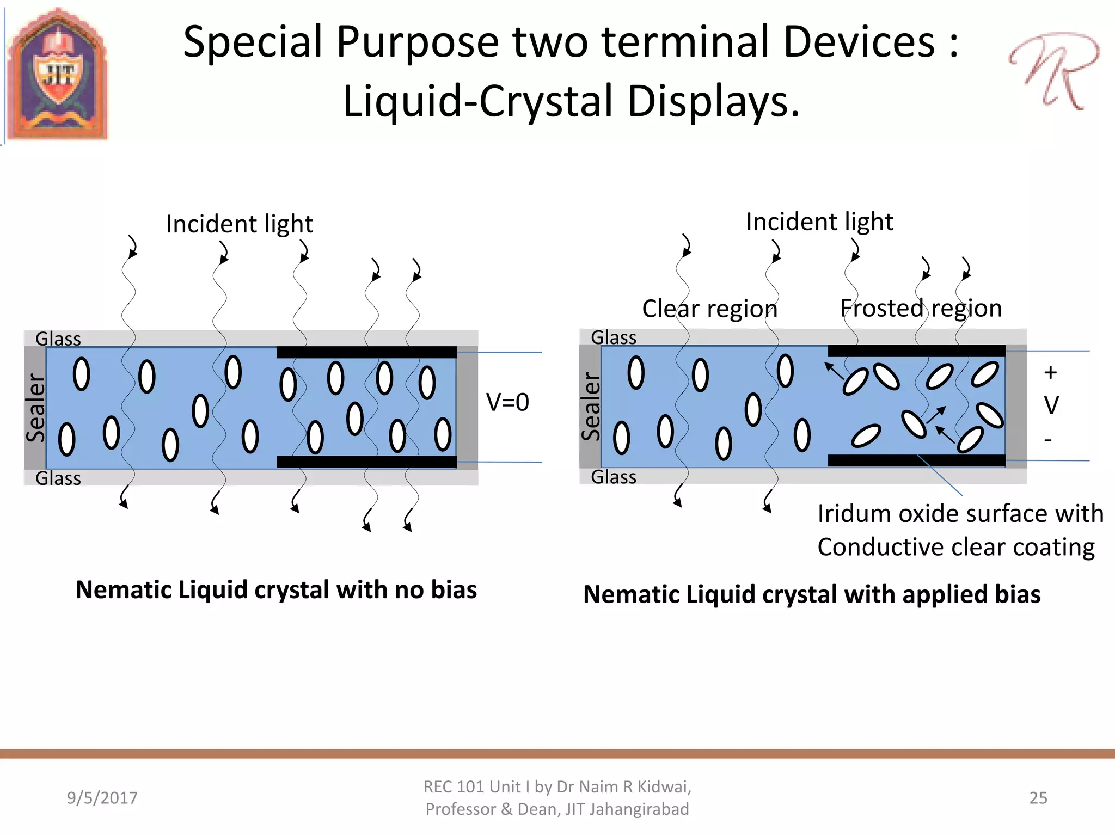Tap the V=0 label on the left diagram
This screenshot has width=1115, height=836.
point(507,403)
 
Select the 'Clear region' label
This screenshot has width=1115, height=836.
point(709,309)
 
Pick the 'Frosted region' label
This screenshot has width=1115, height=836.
point(921,309)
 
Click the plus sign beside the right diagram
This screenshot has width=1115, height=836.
point(1050,373)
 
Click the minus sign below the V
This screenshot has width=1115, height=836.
point(1048,440)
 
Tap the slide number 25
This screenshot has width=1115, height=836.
point(1038,798)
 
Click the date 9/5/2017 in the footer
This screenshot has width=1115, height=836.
point(102,798)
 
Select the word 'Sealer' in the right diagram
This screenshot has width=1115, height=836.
point(591,406)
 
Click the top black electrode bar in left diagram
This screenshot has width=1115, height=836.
point(366,353)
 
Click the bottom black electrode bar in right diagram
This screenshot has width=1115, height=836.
point(916,460)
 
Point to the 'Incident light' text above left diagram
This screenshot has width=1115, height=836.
point(240,224)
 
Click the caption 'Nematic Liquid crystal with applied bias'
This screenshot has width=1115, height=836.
point(812,594)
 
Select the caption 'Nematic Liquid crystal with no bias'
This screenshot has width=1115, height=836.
point(276,590)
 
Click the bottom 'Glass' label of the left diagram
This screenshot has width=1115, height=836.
point(58,478)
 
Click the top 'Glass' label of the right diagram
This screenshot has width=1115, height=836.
point(614,338)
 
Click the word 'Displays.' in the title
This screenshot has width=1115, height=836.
point(713,102)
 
